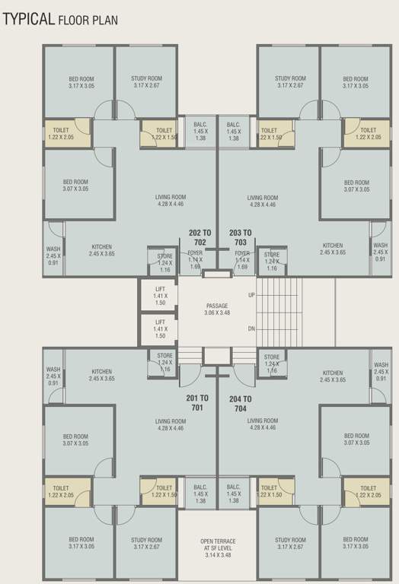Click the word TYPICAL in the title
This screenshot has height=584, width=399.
pos(28,18)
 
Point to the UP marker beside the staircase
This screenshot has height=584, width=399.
pos(251,294)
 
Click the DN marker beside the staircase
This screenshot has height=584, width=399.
pos(251,328)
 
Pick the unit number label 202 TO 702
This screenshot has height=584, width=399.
pos(200,236)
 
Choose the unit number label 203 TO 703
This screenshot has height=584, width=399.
pos(240,236)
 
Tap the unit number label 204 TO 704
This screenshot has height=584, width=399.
pos(240,402)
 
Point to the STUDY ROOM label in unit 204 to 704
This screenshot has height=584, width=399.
pos(289,544)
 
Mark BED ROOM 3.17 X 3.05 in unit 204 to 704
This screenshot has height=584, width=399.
pos(356,544)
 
